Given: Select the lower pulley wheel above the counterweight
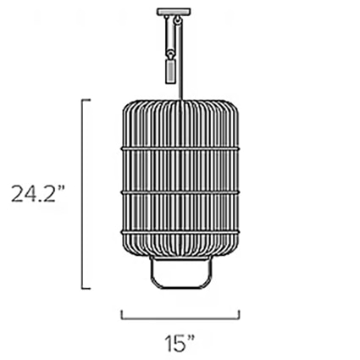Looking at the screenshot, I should coord(169,50).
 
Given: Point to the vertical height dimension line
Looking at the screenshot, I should coord(81,194).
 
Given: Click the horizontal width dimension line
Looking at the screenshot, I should coord(179,318).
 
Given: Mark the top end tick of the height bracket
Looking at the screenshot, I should coord(86,100).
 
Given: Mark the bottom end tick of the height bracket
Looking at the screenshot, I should coord(86,288).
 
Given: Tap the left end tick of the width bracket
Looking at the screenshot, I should coord(121,314).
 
